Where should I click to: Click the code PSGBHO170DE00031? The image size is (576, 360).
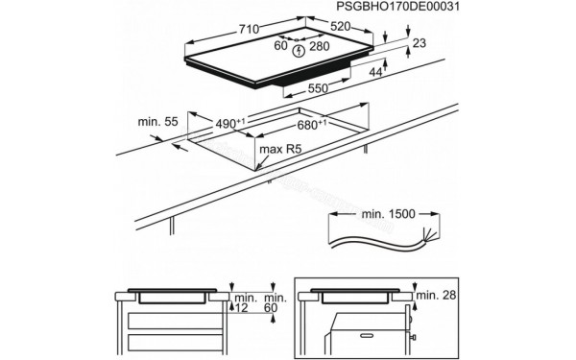pos(402,9)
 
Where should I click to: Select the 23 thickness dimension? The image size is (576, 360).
pos(420,44)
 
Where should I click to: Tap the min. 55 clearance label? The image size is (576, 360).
pos(156,124)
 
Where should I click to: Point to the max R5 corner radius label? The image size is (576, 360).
pos(278,150)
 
